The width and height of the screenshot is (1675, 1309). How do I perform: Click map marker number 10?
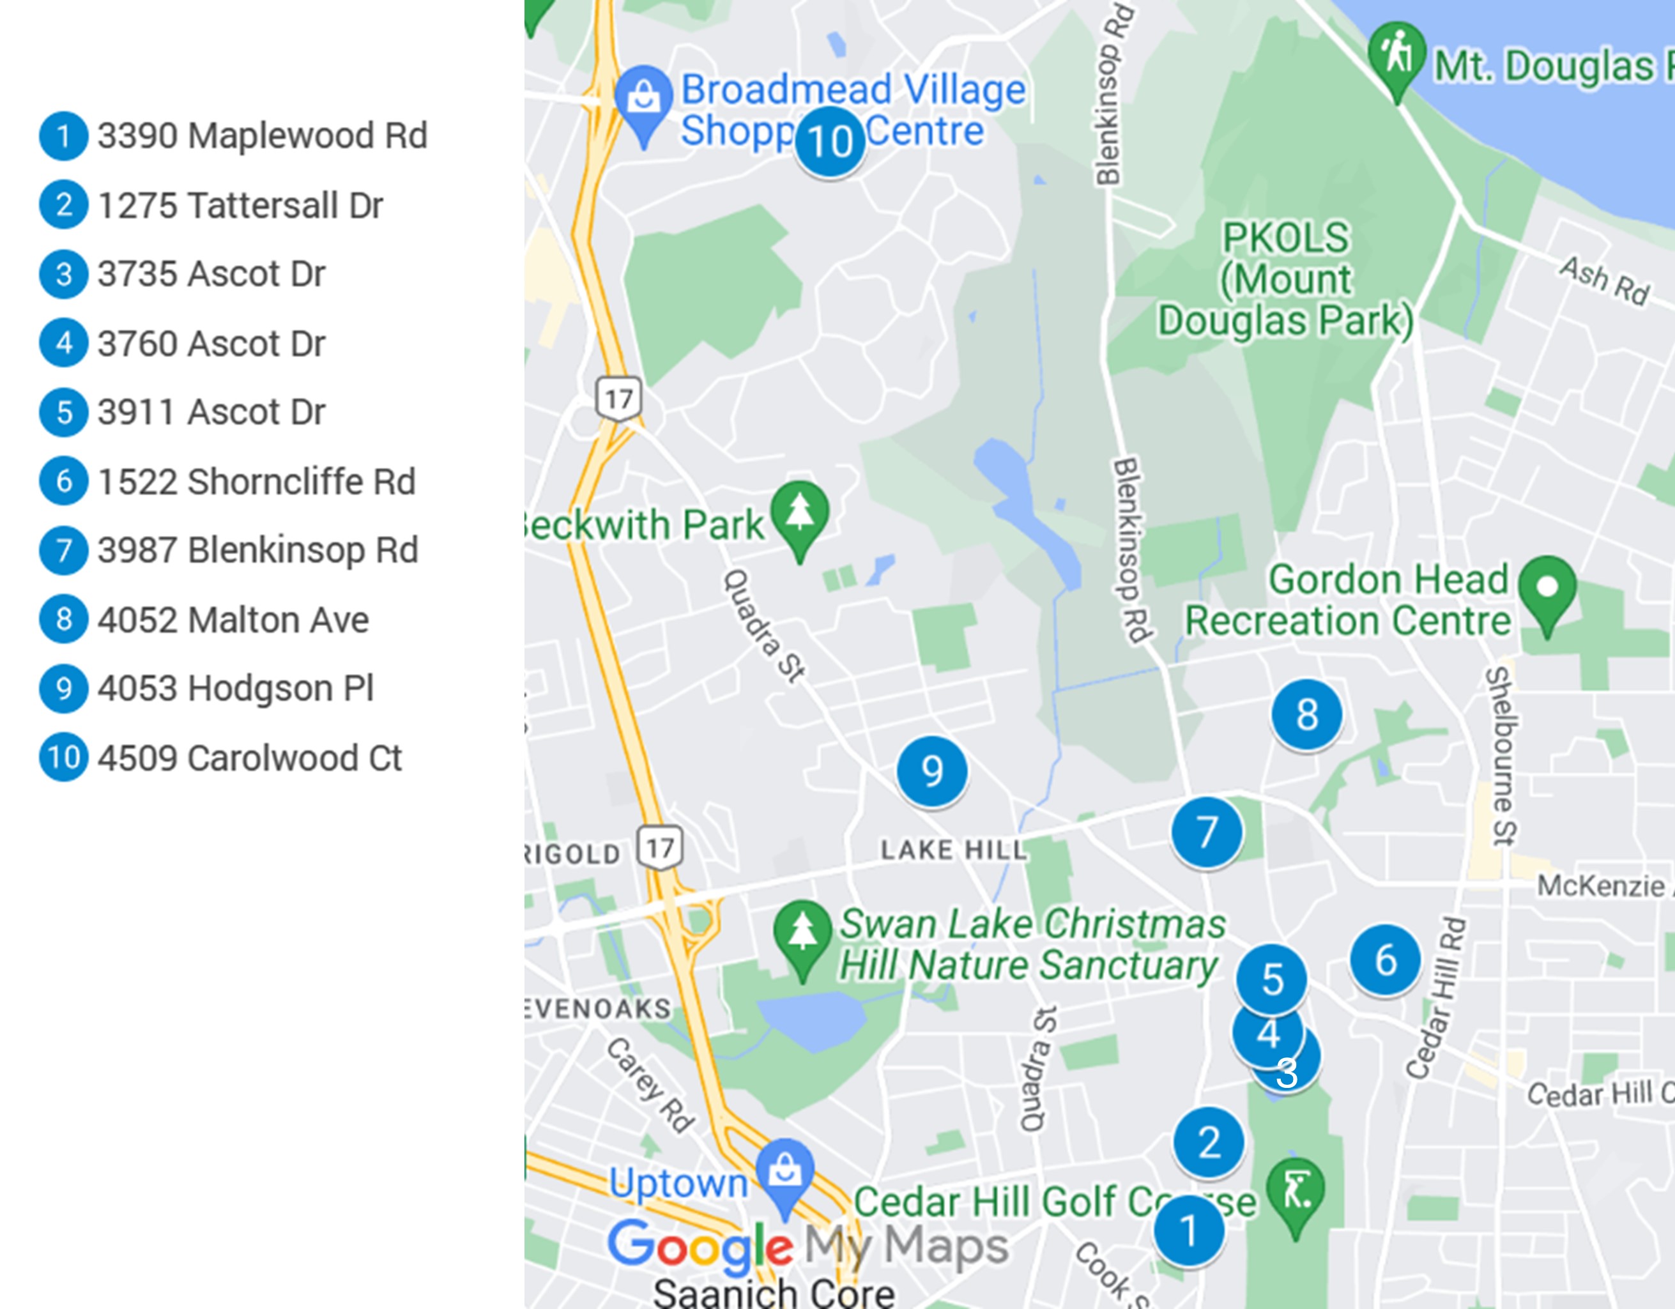click(x=830, y=142)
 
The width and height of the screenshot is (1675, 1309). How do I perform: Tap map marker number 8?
click(x=1307, y=715)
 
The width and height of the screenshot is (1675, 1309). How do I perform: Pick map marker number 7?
click(x=1206, y=832)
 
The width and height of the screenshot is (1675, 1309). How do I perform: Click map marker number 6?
click(x=1385, y=960)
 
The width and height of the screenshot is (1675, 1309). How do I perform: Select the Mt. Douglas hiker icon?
click(x=1396, y=54)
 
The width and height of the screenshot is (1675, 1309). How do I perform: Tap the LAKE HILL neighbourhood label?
click(x=952, y=850)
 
